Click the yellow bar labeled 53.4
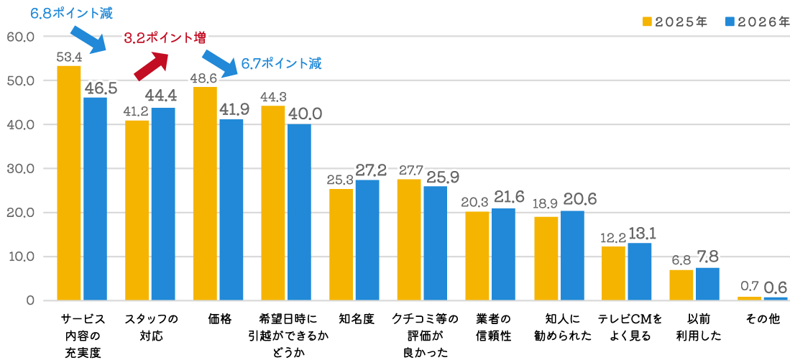point(68,183)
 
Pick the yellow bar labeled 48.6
point(205,193)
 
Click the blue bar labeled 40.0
point(299,212)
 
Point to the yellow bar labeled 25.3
point(341,244)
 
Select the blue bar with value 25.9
point(435,243)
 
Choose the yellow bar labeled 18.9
point(546,258)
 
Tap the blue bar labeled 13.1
point(640,271)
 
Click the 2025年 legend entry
point(675,22)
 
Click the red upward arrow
point(150,65)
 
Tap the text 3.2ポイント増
point(165,40)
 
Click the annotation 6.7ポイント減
point(281,65)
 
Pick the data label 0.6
point(776,287)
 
